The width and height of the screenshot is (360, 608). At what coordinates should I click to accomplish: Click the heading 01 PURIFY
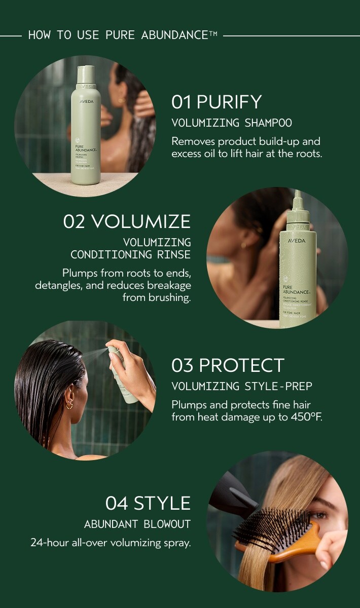click(x=217, y=102)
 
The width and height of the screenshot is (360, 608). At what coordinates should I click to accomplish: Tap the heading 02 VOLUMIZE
click(x=127, y=221)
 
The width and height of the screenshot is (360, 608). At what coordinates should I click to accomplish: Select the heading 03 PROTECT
click(x=228, y=365)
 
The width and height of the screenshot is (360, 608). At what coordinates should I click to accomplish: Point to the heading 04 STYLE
click(x=148, y=503)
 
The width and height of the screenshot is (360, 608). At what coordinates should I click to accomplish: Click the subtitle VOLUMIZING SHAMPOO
click(x=232, y=123)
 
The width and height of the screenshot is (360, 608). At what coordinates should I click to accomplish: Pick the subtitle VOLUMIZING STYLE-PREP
click(x=241, y=387)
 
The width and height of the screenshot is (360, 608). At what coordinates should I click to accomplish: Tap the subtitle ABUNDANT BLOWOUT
click(x=137, y=524)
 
